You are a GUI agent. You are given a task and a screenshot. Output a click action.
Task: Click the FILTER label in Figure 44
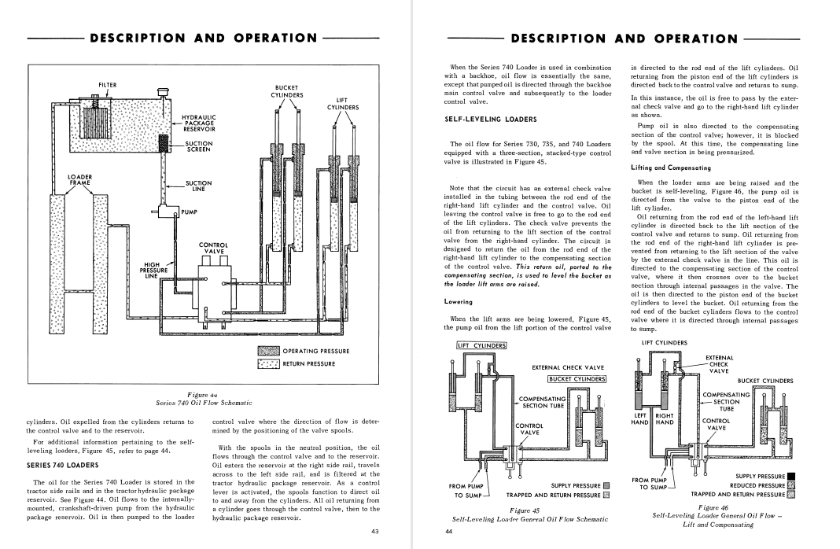pos(108,85)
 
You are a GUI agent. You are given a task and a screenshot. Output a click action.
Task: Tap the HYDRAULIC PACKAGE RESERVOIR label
pos(198,123)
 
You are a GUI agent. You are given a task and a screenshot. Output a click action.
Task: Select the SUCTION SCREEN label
pos(198,146)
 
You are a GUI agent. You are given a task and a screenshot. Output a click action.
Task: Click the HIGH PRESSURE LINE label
pos(155,270)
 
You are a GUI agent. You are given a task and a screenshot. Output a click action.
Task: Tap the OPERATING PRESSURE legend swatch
pos(269,351)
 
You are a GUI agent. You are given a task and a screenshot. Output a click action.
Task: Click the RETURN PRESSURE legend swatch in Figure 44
pos(269,363)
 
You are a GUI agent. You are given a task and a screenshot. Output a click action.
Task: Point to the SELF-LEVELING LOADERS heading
pos(480,120)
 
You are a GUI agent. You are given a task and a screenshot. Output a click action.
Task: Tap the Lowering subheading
pos(459,301)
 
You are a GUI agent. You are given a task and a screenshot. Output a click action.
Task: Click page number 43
pos(375,532)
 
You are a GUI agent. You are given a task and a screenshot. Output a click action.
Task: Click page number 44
pos(449,532)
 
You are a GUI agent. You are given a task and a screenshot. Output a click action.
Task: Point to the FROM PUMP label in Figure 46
pos(649,479)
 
